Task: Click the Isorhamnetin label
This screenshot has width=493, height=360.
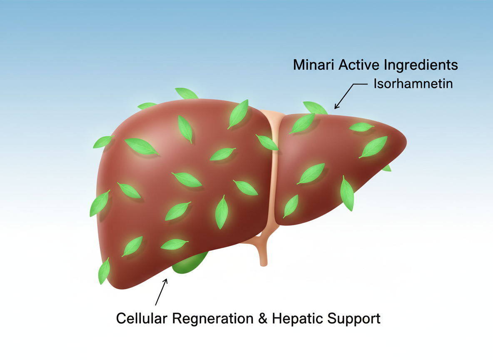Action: coord(413,84)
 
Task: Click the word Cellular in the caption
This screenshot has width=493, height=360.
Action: coord(140,319)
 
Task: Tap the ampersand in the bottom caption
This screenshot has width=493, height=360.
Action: coord(263,319)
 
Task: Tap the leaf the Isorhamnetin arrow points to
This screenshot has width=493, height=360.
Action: coord(315,108)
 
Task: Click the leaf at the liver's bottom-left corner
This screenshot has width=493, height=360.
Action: coord(104,270)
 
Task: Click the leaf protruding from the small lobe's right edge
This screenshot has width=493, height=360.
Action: coord(387,168)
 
